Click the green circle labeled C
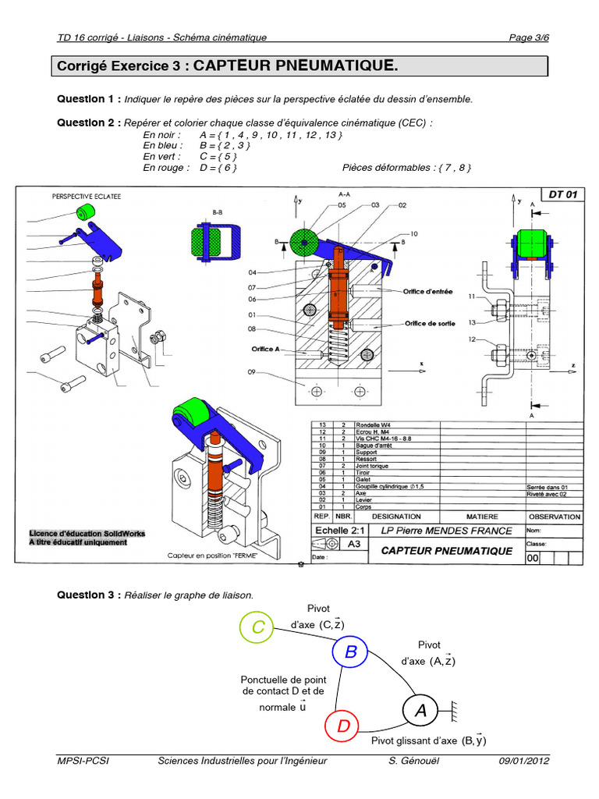pos(257,627)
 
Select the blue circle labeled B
pos(350,651)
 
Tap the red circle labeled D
pos(343,726)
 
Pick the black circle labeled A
pos(421,710)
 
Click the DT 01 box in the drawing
pos(562,194)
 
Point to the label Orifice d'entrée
pos(429,292)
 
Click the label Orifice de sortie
pos(430,322)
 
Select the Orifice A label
pos(269,349)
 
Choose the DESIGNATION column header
pos(396,517)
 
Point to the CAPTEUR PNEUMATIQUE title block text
pos(446,551)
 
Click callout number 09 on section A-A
pos(252,371)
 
